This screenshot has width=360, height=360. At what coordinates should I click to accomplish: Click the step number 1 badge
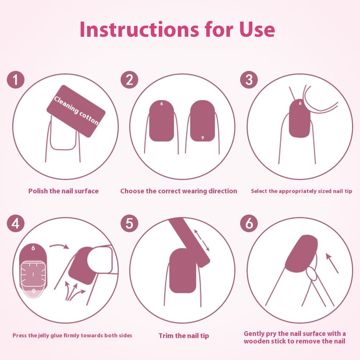point(15,80)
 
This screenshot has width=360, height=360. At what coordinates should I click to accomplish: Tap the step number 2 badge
point(129,80)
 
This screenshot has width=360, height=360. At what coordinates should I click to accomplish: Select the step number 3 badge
point(249,80)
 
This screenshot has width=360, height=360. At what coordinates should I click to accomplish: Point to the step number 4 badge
point(15,223)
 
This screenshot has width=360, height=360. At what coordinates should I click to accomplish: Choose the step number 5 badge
point(129,223)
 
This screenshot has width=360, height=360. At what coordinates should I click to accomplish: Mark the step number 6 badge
point(249,223)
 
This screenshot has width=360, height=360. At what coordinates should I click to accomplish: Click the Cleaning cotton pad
point(76,111)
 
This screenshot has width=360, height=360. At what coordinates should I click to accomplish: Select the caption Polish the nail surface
point(63,191)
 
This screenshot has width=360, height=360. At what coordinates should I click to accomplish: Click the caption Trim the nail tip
point(184,336)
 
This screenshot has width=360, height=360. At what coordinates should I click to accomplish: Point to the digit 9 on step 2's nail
point(202,138)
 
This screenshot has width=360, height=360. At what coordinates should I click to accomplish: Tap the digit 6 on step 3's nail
point(300,103)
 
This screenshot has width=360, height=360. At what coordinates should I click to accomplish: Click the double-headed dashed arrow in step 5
point(202,240)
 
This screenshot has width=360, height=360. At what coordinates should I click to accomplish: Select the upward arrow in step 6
point(332,264)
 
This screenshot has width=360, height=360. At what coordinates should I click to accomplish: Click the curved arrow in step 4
point(59,246)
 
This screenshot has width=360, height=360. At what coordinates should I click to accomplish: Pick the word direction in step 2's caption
point(223,191)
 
